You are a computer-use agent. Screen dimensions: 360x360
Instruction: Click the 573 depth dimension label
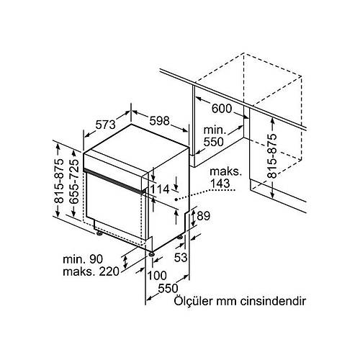coord(106,125)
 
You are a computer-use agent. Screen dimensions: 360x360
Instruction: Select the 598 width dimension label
coord(159,121)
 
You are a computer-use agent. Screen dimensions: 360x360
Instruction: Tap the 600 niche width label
coord(222,109)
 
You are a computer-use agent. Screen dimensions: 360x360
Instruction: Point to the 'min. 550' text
coord(214,136)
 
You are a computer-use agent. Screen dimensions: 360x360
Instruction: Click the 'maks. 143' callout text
coord(225,178)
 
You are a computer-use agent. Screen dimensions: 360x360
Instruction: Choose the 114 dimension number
coord(160,189)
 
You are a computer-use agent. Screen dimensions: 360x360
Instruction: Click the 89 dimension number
coord(203,216)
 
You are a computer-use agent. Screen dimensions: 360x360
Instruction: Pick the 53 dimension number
coord(181,258)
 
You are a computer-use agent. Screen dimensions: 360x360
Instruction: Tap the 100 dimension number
coord(157,276)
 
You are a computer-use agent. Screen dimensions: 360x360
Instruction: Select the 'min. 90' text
coord(83,259)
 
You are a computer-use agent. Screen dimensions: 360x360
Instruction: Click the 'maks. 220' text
coord(91,271)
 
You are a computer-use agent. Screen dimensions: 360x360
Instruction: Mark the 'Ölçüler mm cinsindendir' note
coord(240,301)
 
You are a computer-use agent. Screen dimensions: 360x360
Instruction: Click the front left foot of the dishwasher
coord(99,233)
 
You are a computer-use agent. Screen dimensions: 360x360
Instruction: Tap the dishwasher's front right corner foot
coord(151,254)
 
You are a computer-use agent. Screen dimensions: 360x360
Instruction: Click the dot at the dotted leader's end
coord(176,199)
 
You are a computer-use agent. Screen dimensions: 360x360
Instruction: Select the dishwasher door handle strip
coord(114,181)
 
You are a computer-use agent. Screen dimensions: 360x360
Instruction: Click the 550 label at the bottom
coord(168,288)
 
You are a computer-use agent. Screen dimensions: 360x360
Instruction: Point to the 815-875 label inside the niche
coord(272,156)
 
